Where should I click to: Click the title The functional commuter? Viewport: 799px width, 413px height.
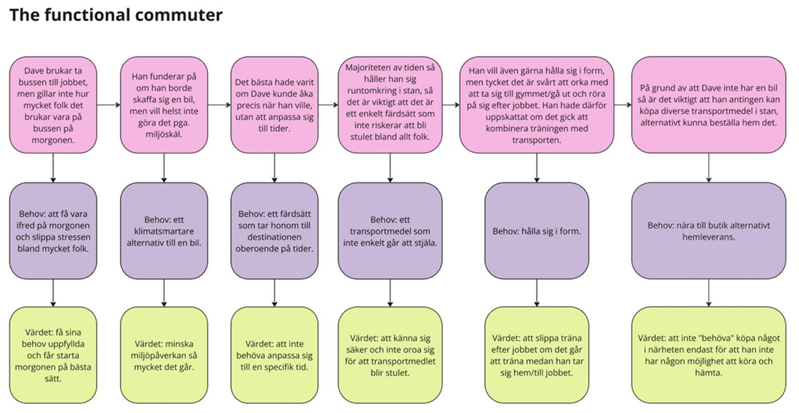pyautogui.click(x=116, y=14)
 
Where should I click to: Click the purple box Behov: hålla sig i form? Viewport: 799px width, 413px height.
pyautogui.click(x=536, y=231)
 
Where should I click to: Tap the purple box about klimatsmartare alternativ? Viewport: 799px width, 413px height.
pyautogui.click(x=164, y=231)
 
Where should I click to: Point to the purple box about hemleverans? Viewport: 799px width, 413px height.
pyautogui.click(x=709, y=231)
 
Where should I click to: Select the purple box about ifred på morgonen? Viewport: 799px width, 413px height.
pyautogui.click(x=53, y=231)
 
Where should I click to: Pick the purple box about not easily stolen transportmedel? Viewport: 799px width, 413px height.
pyautogui.click(x=390, y=231)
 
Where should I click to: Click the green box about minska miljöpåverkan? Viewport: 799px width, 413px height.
pyautogui.click(x=164, y=354)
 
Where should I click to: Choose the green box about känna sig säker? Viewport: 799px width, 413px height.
pyautogui.click(x=390, y=354)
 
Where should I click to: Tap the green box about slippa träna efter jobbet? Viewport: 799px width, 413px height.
pyautogui.click(x=536, y=354)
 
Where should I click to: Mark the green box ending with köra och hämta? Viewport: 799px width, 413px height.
pyautogui.click(x=709, y=354)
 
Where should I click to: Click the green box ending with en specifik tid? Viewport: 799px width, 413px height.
pyautogui.click(x=275, y=354)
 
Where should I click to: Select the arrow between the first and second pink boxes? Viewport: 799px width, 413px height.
pyautogui.click(x=109, y=104)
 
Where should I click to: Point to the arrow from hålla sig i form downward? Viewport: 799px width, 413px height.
pyautogui.click(x=536, y=292)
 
